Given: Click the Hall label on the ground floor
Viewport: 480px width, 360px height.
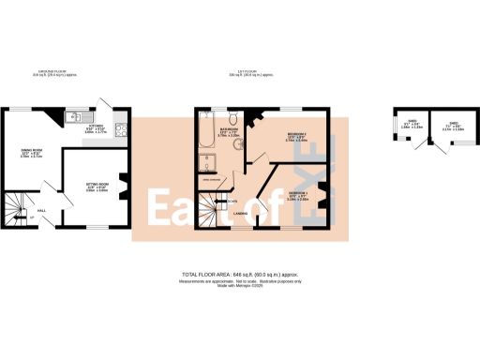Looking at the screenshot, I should (41, 212).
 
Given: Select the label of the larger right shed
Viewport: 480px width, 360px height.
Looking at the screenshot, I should (453, 126).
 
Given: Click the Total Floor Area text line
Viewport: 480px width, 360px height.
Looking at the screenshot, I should (238, 274).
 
